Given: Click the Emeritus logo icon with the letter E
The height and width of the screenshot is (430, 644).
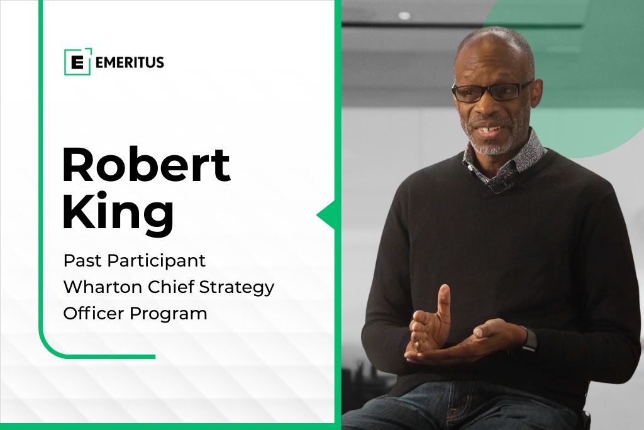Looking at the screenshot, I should (77, 62).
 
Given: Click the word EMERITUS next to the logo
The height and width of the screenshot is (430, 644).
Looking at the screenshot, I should (130, 62).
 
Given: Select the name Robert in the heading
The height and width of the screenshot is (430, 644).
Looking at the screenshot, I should (146, 165).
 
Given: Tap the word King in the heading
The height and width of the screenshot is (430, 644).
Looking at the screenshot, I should (118, 212).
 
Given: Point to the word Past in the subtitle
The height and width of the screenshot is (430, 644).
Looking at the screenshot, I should (82, 260).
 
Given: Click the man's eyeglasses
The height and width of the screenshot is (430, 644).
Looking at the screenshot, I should (491, 92).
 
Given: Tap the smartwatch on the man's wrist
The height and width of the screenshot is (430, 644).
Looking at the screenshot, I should (529, 339).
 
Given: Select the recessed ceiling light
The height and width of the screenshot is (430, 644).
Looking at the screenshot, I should (404, 16).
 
